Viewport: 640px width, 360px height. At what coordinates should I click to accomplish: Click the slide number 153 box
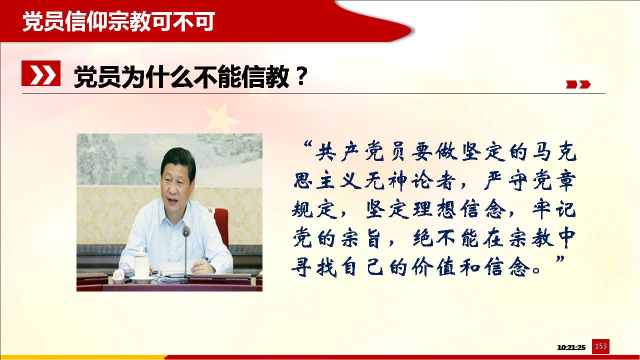coord(600,346)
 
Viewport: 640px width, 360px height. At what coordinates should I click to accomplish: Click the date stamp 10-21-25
coord(571,347)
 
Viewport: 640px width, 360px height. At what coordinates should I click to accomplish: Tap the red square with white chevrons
coord(41,73)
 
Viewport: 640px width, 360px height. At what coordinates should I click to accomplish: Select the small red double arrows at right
coord(578,84)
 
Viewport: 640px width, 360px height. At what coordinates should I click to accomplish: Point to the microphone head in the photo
coord(186,231)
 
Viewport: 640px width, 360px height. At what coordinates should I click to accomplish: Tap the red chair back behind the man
coord(221,225)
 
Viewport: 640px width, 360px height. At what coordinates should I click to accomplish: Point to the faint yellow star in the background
coord(221,117)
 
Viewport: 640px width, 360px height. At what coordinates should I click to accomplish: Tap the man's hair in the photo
coord(177,161)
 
